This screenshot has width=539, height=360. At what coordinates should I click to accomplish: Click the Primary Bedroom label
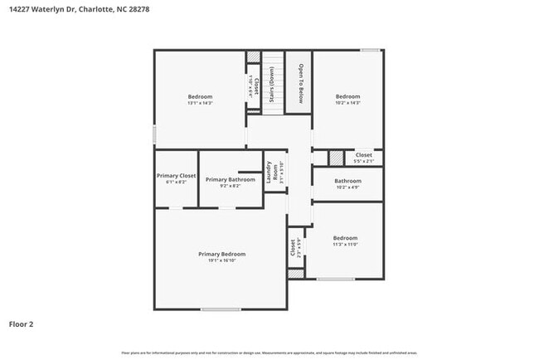pyautogui.click(x=221, y=254)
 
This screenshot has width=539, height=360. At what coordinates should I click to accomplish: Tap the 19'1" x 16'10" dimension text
pyautogui.click(x=221, y=260)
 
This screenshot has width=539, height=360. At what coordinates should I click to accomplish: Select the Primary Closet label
pyautogui.click(x=176, y=176)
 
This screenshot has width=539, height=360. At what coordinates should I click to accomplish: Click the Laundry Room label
pyautogui.click(x=270, y=173)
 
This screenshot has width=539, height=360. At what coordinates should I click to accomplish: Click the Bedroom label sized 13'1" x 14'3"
pyautogui.click(x=200, y=96)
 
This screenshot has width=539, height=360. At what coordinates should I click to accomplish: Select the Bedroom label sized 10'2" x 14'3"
pyautogui.click(x=347, y=96)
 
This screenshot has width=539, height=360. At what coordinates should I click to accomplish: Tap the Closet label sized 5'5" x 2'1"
pyautogui.click(x=363, y=155)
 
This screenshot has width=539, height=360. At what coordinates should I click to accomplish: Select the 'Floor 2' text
pyautogui.click(x=22, y=324)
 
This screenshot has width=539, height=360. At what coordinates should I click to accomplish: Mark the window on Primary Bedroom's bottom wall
pyautogui.click(x=221, y=310)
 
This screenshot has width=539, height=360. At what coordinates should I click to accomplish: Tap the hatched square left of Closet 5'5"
pyautogui.click(x=335, y=158)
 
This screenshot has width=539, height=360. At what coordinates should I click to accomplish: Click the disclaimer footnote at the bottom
pyautogui.click(x=269, y=353)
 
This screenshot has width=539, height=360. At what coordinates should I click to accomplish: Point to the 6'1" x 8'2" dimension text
pyautogui.click(x=176, y=182)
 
